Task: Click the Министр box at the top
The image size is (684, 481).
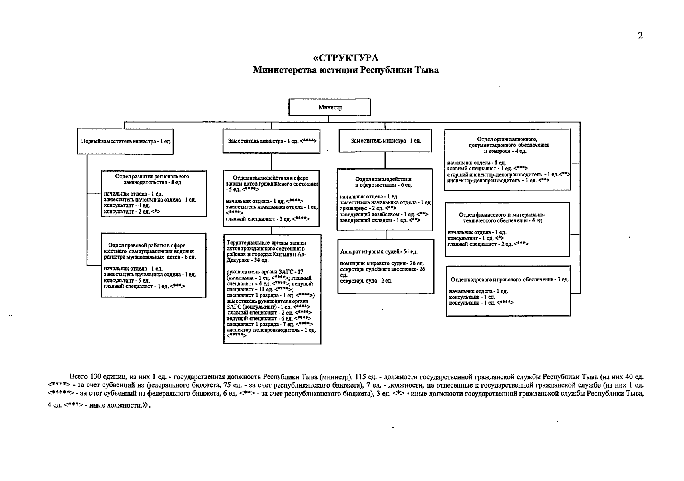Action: [x=330, y=107]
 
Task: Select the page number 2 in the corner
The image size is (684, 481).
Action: [x=640, y=35]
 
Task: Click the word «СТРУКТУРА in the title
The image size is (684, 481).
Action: [x=346, y=58]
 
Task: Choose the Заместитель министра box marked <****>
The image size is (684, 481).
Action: [x=272, y=141]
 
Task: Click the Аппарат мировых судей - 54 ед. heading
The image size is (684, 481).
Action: [x=378, y=252]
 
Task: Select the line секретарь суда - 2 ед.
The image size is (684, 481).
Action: [x=366, y=281]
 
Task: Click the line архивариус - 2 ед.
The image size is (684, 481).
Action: [x=368, y=208]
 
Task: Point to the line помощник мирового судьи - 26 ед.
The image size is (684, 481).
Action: [x=382, y=263]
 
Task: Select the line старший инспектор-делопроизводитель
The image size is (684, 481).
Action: [x=508, y=174]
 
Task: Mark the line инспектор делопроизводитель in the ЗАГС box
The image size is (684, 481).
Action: [x=271, y=330]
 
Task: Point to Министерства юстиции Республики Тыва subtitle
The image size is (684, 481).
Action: [x=346, y=71]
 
